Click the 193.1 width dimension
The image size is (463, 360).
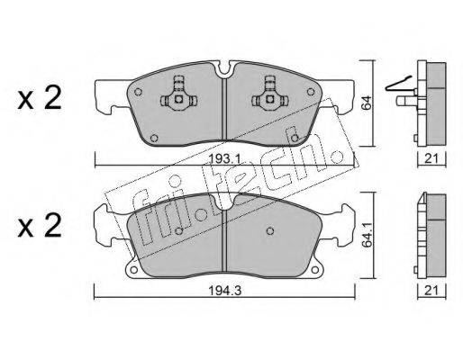[224, 159]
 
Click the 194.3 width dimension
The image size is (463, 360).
[225, 291]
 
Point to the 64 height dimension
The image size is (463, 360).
[367, 103]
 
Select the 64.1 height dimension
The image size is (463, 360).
[367, 235]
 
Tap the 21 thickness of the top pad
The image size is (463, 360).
[431, 158]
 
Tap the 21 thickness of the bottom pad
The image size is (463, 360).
[431, 291]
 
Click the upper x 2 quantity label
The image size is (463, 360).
[40, 98]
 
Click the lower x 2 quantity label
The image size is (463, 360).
[40, 226]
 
